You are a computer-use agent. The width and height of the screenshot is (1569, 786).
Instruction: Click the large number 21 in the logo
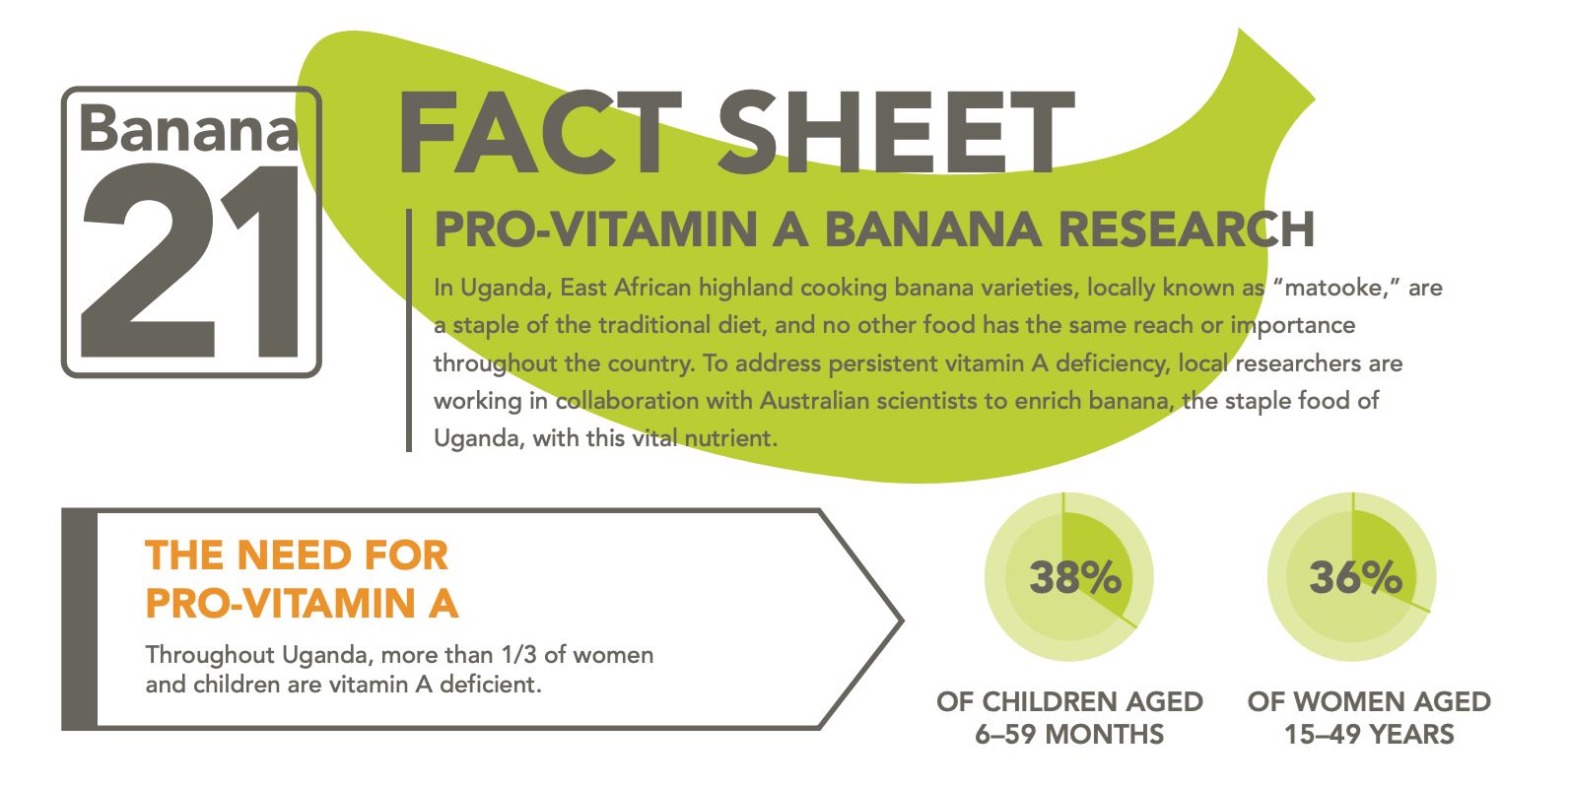pyautogui.click(x=190, y=260)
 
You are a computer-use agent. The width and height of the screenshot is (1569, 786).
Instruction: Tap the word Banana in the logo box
pyautogui.click(x=188, y=128)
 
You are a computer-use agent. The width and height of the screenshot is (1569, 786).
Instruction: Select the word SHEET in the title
pyautogui.click(x=895, y=133)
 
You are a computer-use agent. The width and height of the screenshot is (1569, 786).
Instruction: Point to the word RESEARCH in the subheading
pyautogui.click(x=1186, y=229)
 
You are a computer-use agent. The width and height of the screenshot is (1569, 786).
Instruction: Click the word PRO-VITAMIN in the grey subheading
pyautogui.click(x=596, y=229)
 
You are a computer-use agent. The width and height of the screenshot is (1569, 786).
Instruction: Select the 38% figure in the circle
pyautogui.click(x=1075, y=577)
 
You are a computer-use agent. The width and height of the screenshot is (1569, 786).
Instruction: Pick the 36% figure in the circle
pyautogui.click(x=1356, y=577)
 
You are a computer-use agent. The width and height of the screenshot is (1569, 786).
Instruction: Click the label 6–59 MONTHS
pyautogui.click(x=1069, y=734)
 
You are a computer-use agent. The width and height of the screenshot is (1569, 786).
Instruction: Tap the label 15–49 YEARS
pyautogui.click(x=1369, y=734)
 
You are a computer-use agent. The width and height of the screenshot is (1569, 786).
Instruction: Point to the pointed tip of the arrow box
pyautogui.click(x=903, y=621)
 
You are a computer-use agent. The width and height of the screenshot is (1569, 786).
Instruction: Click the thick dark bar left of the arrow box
pyautogui.click(x=79, y=620)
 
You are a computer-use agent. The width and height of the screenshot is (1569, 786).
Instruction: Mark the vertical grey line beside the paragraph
pyautogui.click(x=409, y=330)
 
